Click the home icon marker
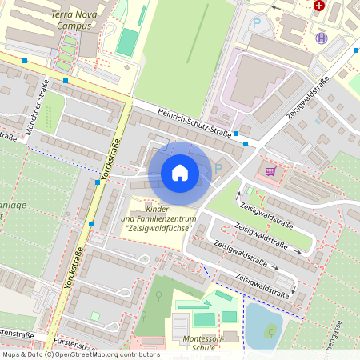click(180, 173)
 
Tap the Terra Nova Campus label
click(79, 20)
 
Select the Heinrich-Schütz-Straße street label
click(194, 122)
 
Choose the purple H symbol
click(322, 38)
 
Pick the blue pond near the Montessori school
click(262, 324)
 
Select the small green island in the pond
click(270, 330)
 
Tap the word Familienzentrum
click(158, 218)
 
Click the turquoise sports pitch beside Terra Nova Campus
click(126, 42)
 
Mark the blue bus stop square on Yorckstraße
click(97, 182)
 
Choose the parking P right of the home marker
click(219, 169)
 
